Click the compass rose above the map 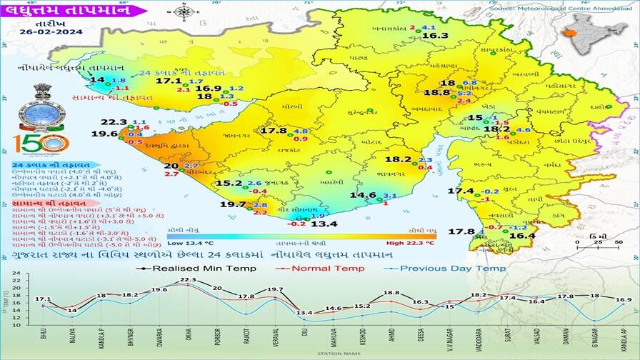point(184,11)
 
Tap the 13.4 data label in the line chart point(305,313)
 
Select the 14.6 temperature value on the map point(362,195)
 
